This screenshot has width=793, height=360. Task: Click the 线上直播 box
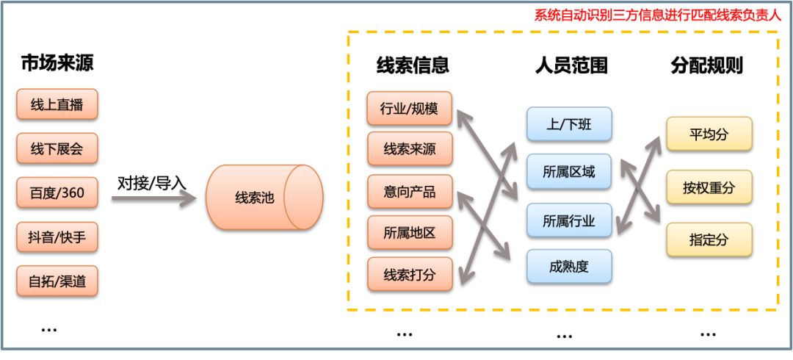click(57, 106)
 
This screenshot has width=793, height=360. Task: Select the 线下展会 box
click(57, 151)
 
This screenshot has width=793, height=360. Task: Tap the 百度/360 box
click(57, 194)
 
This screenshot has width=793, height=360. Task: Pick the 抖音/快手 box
click(57, 237)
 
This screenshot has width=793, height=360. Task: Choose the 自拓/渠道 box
click(57, 281)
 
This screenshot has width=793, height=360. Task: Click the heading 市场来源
click(57, 64)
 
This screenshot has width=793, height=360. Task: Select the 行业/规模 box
click(410, 109)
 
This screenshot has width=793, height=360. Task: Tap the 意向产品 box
click(410, 192)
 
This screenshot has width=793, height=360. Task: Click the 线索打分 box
click(410, 275)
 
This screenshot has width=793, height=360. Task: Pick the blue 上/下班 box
click(569, 124)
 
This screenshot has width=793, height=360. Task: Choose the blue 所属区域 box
click(569, 173)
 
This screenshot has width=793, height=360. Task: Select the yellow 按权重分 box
click(709, 187)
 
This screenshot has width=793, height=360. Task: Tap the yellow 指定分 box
click(709, 240)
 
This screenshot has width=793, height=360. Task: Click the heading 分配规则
click(706, 66)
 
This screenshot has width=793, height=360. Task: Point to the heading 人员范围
click(571, 66)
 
